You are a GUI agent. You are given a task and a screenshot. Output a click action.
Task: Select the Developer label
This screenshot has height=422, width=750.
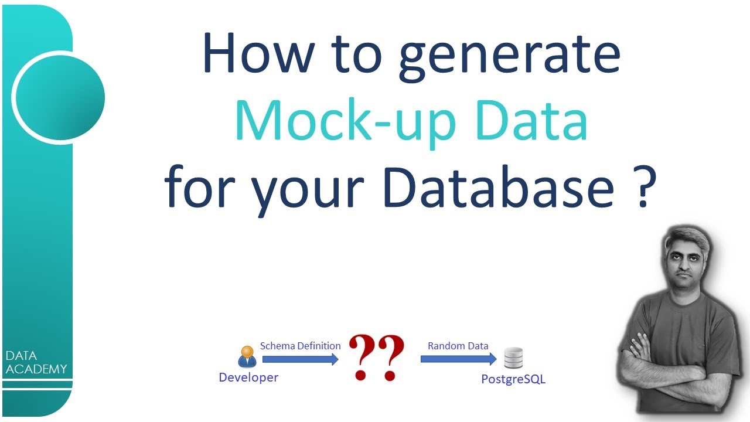(x=248, y=377)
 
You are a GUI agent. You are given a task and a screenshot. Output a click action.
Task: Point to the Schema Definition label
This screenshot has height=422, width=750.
(x=300, y=346)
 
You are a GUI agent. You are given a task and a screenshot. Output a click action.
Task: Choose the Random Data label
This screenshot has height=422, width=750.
(x=458, y=346)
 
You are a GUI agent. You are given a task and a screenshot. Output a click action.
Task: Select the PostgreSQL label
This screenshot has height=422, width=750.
(x=513, y=379)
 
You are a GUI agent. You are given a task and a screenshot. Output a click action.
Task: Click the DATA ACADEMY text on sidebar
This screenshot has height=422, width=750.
(x=36, y=362)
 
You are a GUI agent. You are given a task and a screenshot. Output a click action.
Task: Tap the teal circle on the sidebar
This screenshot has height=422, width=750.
(x=59, y=97)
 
